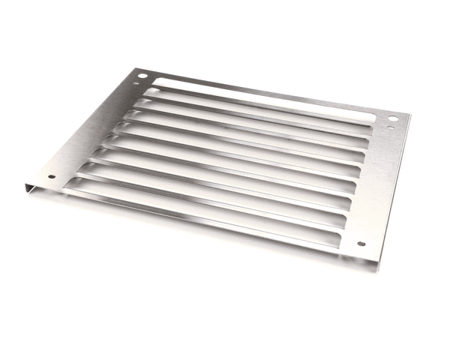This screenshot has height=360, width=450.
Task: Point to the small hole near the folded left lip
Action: (51, 178)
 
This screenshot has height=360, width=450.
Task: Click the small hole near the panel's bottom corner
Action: (361, 244)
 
